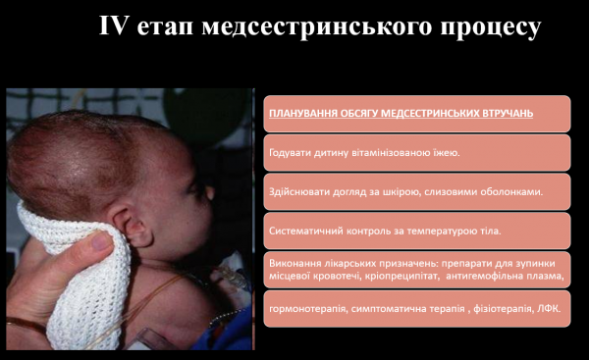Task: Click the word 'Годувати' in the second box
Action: (289, 152)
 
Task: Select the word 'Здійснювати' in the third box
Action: (297, 191)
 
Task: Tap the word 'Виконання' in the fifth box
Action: (294, 265)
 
